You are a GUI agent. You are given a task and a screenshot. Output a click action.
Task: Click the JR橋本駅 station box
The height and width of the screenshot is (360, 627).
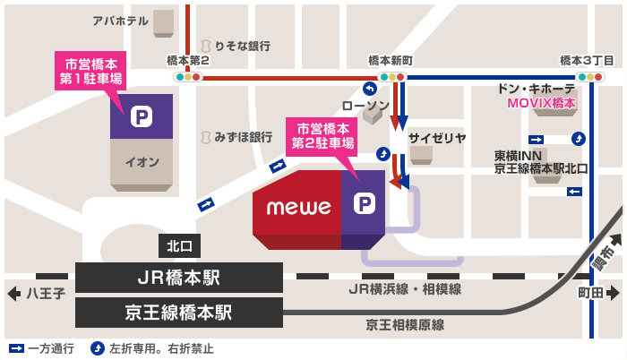pyautogui.click(x=179, y=278)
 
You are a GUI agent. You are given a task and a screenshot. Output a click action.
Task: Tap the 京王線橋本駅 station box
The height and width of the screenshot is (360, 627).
pyautogui.click(x=179, y=313)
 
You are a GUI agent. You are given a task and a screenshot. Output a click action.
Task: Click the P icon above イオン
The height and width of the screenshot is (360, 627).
pyautogui.click(x=141, y=116)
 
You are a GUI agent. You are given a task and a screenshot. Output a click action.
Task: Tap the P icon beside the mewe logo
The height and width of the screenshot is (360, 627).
pyautogui.click(x=364, y=205)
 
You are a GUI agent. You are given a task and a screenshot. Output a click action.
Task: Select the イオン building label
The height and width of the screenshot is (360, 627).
pyautogui.click(x=142, y=162)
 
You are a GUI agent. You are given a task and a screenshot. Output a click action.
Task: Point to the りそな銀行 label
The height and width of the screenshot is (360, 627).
pyautogui.click(x=242, y=45)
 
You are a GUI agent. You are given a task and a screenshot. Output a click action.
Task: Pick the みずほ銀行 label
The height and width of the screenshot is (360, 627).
pyautogui.click(x=243, y=137)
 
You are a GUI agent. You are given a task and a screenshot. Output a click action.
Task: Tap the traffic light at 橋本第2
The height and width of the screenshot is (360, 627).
pyautogui.click(x=188, y=78)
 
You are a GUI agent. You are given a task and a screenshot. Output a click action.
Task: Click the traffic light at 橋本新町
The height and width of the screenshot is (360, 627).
pyautogui.click(x=392, y=78)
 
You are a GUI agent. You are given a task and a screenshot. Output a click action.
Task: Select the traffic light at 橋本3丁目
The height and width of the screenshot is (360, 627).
pyautogui.click(x=590, y=78)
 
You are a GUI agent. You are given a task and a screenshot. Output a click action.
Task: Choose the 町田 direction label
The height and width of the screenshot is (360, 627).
pyautogui.click(x=590, y=293)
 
